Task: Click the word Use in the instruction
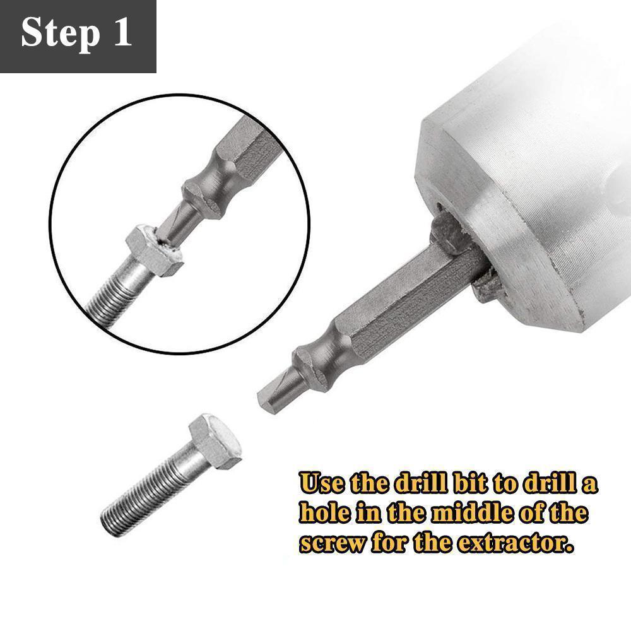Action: coord(322,485)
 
